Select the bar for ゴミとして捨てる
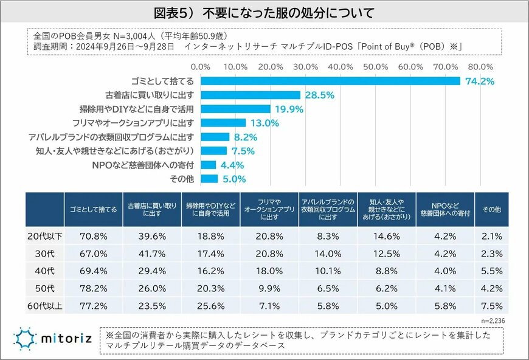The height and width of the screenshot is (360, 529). [330, 81]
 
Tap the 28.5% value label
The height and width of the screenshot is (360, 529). [318, 95]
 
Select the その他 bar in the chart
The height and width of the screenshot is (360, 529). [209, 179]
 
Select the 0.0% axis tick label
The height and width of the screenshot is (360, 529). [201, 66]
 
